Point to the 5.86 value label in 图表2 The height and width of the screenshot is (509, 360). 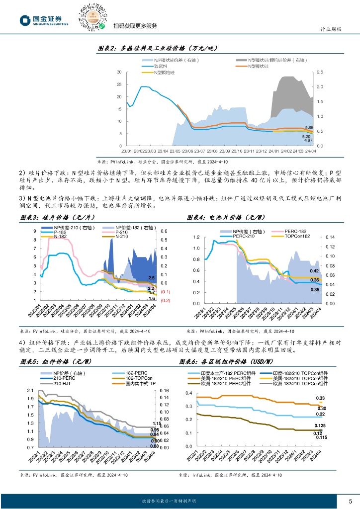pos(309,128)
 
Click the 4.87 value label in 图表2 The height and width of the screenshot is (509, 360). pos(308,141)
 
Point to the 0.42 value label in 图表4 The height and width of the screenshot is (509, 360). pos(314,271)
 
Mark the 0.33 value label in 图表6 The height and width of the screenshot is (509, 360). pos(321,398)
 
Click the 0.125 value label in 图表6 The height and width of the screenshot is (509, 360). pos(320,425)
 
